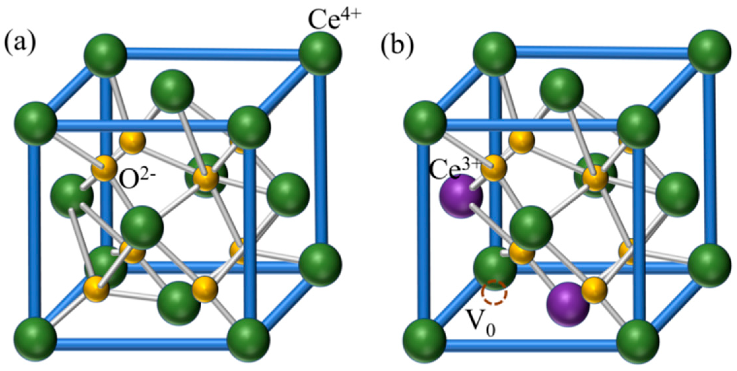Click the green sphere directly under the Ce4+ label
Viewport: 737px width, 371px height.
click(x=320, y=53)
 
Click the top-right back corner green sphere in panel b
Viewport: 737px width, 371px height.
click(x=710, y=51)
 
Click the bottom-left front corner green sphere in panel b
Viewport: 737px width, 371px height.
click(x=424, y=340)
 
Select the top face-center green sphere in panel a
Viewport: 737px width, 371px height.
click(x=172, y=90)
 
